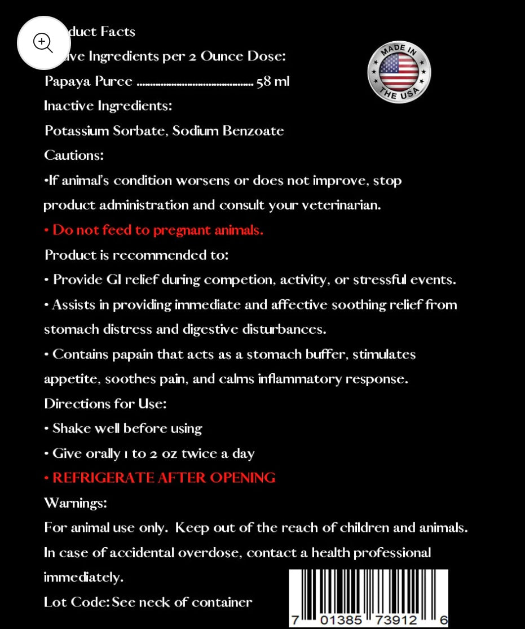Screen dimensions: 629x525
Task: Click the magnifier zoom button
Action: point(43,43)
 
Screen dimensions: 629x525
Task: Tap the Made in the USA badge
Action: point(399,72)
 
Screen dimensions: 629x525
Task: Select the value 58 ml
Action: point(273,81)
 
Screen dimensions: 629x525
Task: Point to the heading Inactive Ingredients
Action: point(108,106)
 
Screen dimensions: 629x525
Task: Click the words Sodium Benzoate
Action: point(228,131)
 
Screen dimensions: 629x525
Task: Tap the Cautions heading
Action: point(74,155)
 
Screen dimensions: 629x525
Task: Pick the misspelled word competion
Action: point(238,280)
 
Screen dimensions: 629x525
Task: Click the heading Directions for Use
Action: point(105,404)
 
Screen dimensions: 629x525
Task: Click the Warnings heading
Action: point(76,503)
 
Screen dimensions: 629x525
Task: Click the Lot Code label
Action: point(76,602)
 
